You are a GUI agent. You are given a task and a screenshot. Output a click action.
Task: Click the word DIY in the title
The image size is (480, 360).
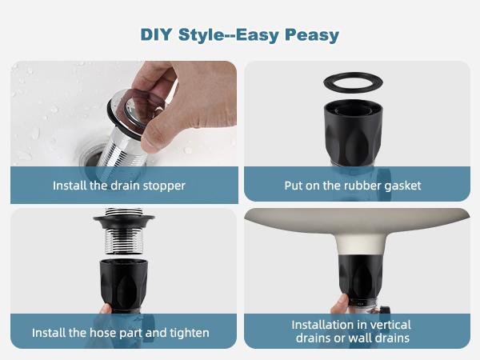157,35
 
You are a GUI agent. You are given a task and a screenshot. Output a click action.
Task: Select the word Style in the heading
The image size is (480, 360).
202,35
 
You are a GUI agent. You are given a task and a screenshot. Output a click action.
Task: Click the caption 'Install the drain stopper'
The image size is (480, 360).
119,186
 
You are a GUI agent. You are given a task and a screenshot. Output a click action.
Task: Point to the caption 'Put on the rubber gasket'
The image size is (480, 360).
353,186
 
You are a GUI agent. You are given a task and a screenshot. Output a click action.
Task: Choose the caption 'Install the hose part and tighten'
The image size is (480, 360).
121,332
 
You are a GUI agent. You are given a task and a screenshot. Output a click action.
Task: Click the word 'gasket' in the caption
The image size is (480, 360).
402,186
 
